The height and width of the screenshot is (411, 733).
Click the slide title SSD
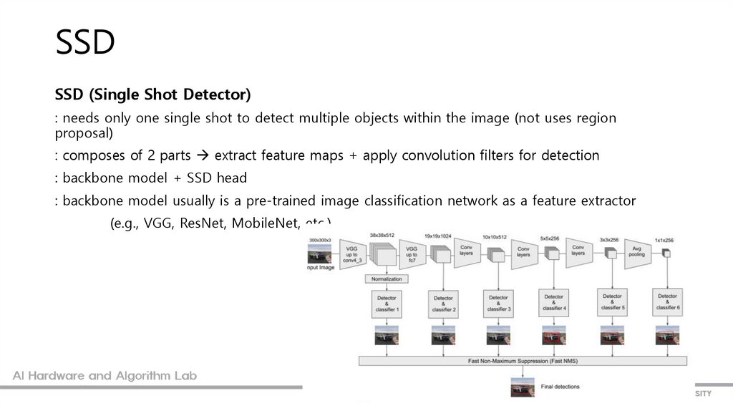click(85, 43)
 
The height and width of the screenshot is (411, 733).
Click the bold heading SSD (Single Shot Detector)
click(152, 95)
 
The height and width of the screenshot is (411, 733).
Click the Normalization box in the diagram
click(387, 279)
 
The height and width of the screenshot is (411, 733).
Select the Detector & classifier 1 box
click(387, 303)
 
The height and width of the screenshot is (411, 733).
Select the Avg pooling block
click(636, 251)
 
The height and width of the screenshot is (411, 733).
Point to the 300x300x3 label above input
click(320, 239)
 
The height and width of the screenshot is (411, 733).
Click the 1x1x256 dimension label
click(667, 240)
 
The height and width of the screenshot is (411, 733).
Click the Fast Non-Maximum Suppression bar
click(523, 360)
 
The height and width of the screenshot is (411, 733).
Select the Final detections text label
click(560, 387)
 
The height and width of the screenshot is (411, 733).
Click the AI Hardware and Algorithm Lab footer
click(105, 376)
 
